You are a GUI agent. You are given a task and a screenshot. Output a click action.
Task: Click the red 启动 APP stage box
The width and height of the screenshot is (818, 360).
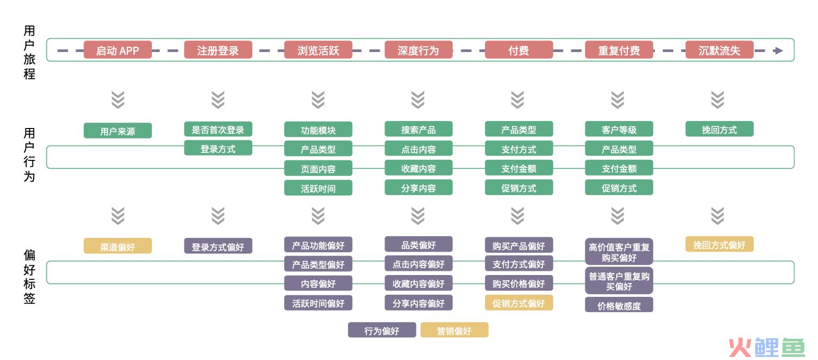click(117, 50)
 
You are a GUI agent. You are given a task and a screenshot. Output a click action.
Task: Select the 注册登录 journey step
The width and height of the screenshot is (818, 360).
click(218, 50)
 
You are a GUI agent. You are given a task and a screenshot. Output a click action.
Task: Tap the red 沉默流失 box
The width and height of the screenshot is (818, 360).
click(719, 50)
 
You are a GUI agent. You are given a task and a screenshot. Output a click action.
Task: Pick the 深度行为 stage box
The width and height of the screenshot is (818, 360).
click(419, 50)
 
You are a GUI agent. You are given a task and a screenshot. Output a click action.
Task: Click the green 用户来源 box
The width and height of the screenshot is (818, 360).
click(117, 131)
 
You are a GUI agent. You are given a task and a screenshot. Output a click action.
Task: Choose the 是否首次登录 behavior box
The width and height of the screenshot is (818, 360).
click(218, 129)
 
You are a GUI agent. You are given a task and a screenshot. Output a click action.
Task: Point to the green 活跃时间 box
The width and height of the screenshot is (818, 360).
click(318, 188)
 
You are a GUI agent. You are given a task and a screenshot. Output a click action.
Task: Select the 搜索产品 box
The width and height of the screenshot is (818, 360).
click(419, 129)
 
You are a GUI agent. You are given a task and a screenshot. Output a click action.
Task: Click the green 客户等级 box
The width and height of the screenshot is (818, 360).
click(619, 129)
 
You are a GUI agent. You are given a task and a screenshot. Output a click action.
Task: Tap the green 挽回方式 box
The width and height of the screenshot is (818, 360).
click(719, 129)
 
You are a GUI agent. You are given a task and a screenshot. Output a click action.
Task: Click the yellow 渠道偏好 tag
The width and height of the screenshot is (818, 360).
click(117, 246)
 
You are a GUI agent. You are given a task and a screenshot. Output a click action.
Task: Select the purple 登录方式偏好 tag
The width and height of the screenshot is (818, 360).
click(218, 246)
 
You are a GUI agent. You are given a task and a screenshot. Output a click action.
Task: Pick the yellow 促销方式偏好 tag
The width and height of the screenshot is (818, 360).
click(519, 303)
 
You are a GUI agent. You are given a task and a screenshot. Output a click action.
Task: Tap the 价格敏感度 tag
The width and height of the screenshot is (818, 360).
click(619, 305)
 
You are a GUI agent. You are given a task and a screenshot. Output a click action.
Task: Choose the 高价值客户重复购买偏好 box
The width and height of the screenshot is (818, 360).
click(619, 252)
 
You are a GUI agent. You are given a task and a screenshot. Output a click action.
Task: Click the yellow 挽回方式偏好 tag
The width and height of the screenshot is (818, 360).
click(719, 244)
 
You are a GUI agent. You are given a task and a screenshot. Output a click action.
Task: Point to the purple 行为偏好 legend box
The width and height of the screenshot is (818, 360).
click(381, 330)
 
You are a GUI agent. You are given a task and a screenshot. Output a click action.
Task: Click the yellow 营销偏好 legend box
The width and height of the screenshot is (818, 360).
click(454, 330)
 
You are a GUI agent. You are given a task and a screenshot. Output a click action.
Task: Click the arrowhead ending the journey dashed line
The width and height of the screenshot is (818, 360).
click(778, 51)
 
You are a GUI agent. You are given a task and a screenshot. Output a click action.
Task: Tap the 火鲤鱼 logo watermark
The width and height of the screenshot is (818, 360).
click(766, 347)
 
